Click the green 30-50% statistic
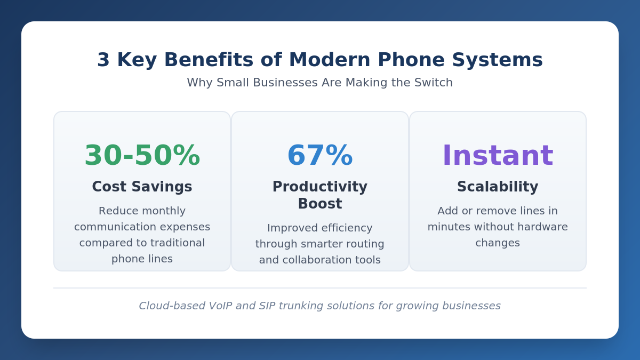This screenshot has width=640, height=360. (142, 156)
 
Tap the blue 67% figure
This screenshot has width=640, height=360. (320, 156)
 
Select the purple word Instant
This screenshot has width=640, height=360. (498, 156)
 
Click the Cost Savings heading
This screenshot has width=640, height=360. (142, 187)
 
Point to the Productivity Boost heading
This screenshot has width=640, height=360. (320, 195)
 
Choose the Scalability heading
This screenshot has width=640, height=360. (498, 187)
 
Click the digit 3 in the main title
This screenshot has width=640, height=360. (103, 60)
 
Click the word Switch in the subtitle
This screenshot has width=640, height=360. (436, 83)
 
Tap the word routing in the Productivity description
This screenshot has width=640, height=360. (365, 244)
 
